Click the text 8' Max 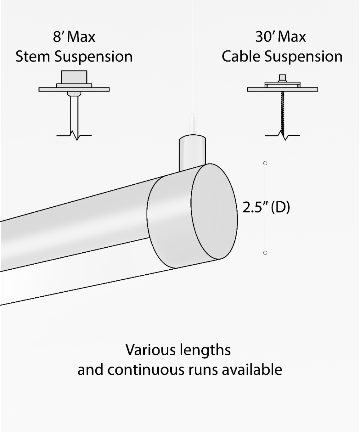[74, 37]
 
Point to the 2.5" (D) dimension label [266, 208]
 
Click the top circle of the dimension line [265, 163]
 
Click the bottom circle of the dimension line [265, 253]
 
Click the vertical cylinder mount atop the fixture [192, 151]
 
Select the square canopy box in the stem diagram [74, 77]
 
